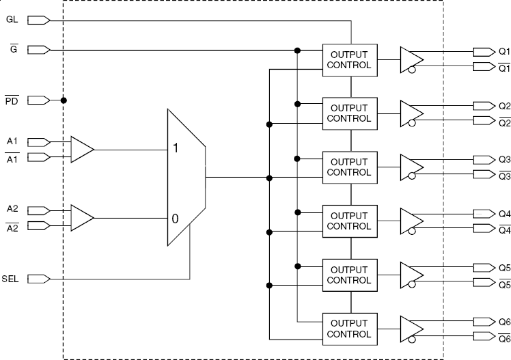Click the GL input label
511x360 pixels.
[12, 20]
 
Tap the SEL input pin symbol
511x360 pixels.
[39, 279]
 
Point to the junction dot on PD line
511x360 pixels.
[63, 100]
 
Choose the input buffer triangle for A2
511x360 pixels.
[81, 218]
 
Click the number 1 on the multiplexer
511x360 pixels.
[175, 148]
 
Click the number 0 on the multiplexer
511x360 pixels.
[175, 219]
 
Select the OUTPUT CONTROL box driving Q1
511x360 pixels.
[349, 60]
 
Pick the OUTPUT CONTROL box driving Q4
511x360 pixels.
[349, 221]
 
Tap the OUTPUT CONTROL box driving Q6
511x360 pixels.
[349, 329]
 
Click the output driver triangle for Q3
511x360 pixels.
[410, 167]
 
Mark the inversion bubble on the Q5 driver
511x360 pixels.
[412, 285]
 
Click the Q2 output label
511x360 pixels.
[504, 106]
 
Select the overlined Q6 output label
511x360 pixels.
[504, 338]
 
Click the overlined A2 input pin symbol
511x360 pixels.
[39, 225]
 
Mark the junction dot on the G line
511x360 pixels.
[297, 50]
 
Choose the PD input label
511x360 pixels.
[11, 100]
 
